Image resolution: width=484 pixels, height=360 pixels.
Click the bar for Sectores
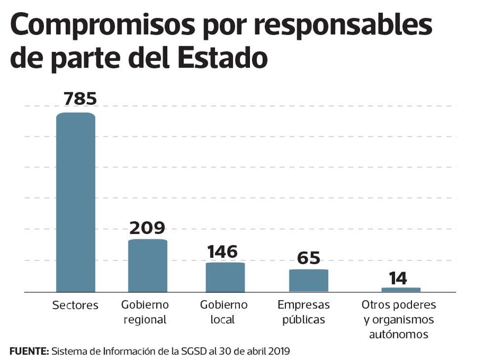click(x=76, y=202)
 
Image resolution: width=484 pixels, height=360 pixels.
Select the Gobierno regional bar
click(x=148, y=266)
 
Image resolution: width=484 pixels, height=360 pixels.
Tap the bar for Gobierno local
click(x=225, y=277)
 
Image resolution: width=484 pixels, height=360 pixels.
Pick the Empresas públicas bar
click(x=309, y=280)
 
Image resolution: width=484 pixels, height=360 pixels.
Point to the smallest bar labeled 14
click(x=401, y=290)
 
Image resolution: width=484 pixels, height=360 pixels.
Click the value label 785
click(x=80, y=98)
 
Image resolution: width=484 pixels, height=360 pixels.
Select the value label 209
click(x=147, y=228)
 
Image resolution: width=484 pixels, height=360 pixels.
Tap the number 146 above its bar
click(x=222, y=251)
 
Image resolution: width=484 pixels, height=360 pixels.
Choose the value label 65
click(x=309, y=258)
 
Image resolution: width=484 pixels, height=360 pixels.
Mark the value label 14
click(x=398, y=278)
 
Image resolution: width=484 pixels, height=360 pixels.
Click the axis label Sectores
click(x=76, y=306)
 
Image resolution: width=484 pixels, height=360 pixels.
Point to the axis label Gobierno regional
click(x=145, y=312)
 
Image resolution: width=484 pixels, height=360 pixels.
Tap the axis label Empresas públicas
click(x=304, y=312)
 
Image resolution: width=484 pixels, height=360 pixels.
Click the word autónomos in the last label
click(x=399, y=334)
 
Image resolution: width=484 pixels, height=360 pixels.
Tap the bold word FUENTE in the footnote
click(x=29, y=351)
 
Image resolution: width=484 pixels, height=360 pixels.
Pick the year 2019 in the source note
click(x=280, y=351)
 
